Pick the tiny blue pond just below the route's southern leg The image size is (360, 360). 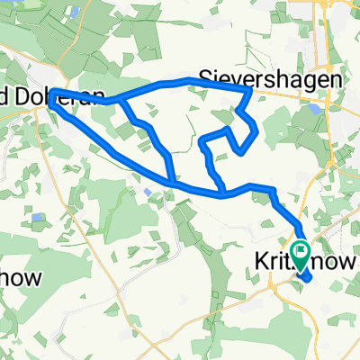tap(148, 192)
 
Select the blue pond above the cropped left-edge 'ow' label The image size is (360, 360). tap(36, 217)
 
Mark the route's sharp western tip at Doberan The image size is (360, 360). tap(52, 94)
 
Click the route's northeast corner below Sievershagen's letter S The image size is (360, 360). tap(250, 89)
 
